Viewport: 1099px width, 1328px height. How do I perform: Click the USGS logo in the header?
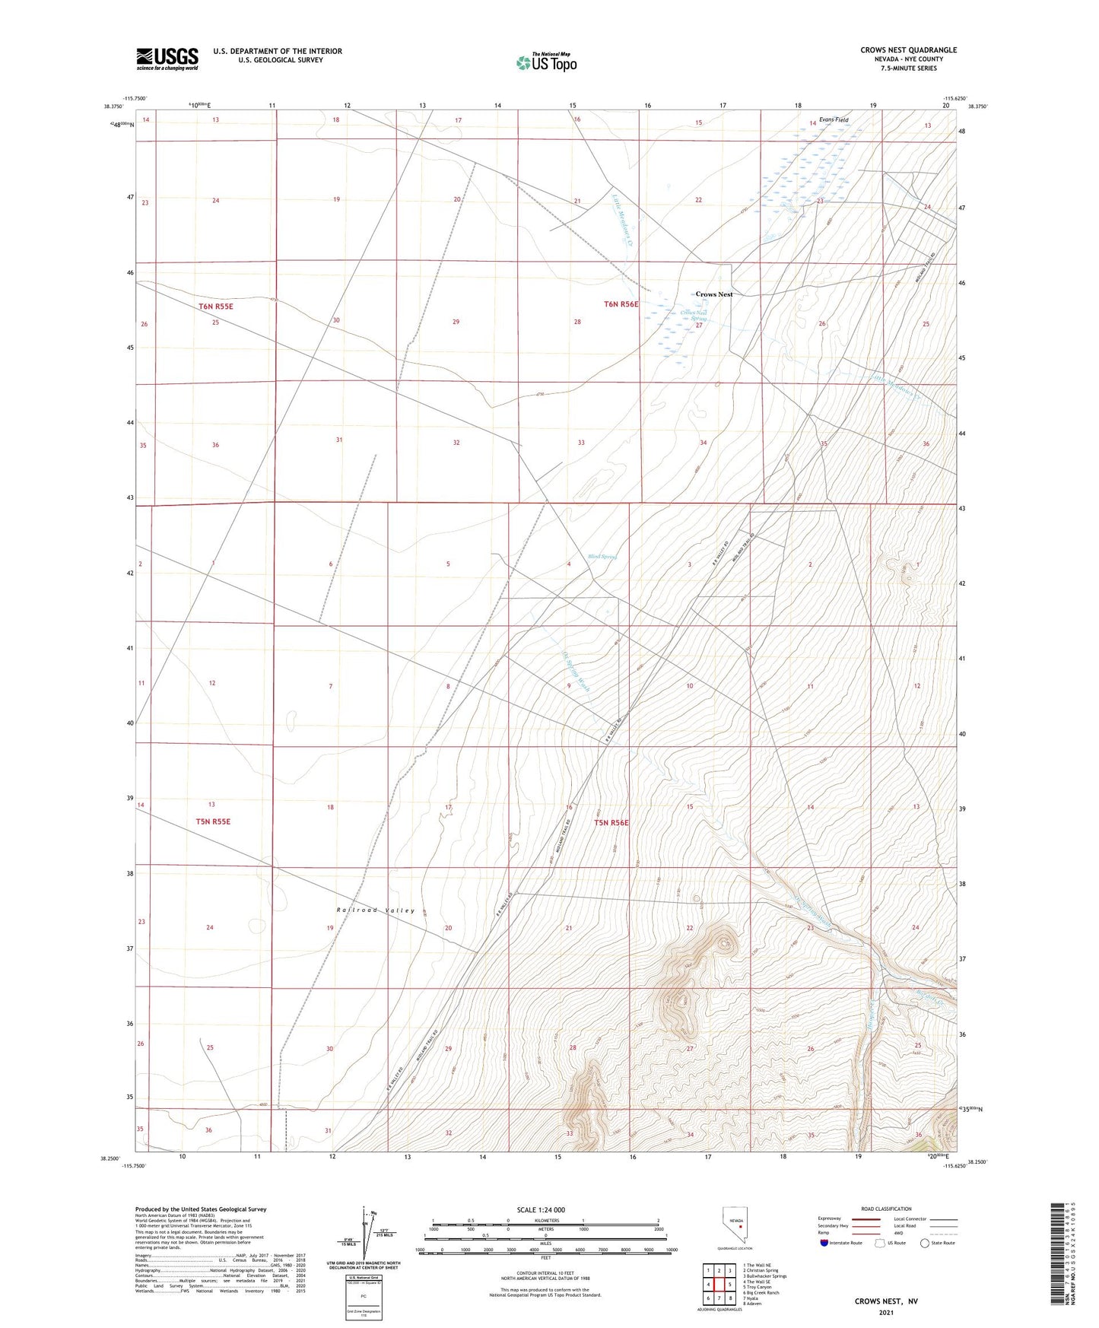pyautogui.click(x=167, y=59)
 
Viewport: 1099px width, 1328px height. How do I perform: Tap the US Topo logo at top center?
pyautogui.click(x=546, y=62)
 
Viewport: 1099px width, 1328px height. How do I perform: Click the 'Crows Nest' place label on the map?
pyautogui.click(x=714, y=294)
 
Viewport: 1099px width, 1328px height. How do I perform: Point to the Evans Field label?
pyautogui.click(x=834, y=120)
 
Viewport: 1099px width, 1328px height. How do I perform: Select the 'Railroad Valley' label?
pyautogui.click(x=376, y=910)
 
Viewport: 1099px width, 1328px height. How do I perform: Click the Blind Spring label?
pyautogui.click(x=602, y=557)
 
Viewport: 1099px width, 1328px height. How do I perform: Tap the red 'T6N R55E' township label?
pyautogui.click(x=215, y=307)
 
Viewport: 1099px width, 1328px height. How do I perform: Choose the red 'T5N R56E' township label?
pyautogui.click(x=611, y=822)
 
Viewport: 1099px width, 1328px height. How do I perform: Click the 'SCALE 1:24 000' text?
pyautogui.click(x=541, y=1209)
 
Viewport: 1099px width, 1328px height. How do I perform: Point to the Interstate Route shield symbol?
pyautogui.click(x=824, y=1243)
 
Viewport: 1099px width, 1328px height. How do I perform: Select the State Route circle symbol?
pyautogui.click(x=925, y=1243)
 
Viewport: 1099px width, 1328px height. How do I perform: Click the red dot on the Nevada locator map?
pyautogui.click(x=740, y=1225)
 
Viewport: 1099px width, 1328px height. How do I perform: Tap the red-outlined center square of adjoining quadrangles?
pyautogui.click(x=719, y=1285)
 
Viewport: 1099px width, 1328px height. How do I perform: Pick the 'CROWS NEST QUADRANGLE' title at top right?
pyautogui.click(x=908, y=50)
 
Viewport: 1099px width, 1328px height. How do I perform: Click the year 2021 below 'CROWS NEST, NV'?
pyautogui.click(x=886, y=1312)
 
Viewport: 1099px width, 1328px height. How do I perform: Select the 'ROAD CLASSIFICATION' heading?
pyautogui.click(x=886, y=1209)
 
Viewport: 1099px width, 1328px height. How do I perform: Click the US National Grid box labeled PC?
pyautogui.click(x=364, y=1296)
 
